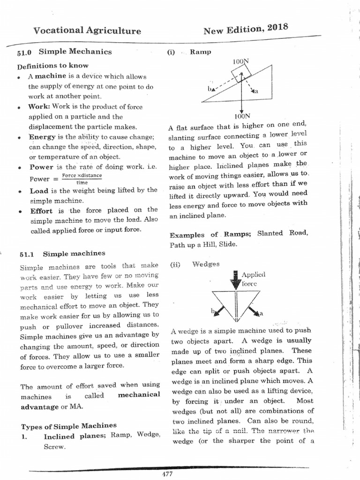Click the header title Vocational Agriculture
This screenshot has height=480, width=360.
[x=87, y=31]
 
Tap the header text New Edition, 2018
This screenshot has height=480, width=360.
[x=245, y=30]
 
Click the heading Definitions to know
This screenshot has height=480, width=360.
[x=52, y=66]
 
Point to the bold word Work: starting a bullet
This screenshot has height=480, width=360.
[x=38, y=106]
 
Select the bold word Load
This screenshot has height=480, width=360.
[x=39, y=191]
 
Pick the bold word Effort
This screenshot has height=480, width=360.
[x=41, y=210]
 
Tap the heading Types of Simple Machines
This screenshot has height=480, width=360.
[x=68, y=426]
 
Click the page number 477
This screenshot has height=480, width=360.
[x=167, y=474]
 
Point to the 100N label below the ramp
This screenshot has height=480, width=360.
[x=242, y=116]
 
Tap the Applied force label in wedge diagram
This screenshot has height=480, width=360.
[x=253, y=279]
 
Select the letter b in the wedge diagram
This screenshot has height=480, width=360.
[x=212, y=311]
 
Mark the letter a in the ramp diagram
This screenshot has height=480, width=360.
[x=256, y=91]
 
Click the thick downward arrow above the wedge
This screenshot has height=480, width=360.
[x=234, y=280]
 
